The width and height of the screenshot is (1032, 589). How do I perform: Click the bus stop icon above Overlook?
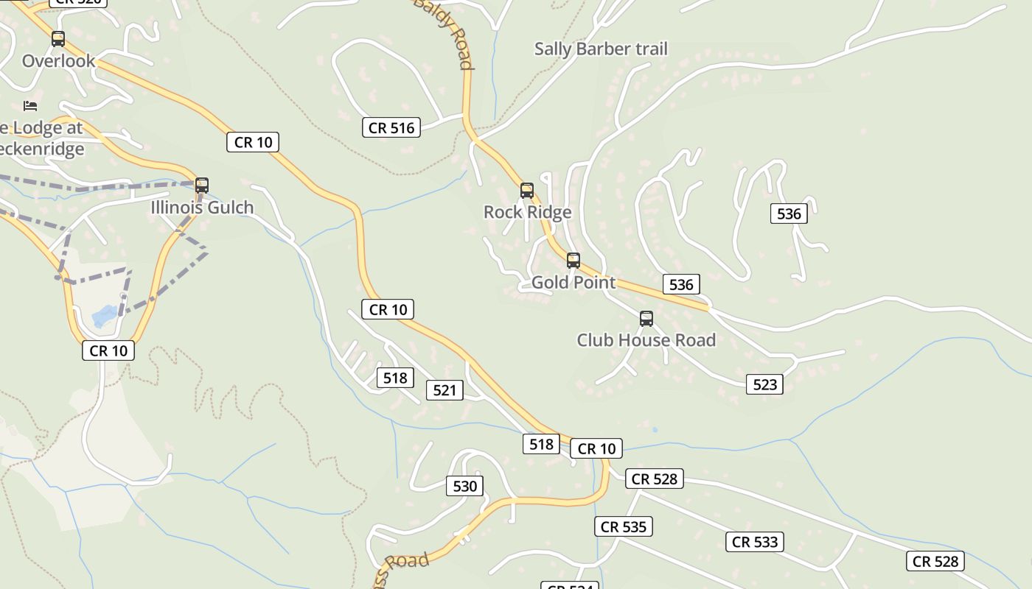[x=57, y=39]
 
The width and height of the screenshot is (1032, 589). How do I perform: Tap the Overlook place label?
[x=59, y=61]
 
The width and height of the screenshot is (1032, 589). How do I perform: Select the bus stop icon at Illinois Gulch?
[x=202, y=186]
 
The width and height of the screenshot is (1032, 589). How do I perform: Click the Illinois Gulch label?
[x=202, y=208]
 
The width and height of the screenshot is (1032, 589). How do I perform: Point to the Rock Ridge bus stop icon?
[x=526, y=191]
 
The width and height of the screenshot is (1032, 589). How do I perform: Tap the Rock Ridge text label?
[x=527, y=213]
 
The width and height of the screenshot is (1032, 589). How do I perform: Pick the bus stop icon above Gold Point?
[x=573, y=261]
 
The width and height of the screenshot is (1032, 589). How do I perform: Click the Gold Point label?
[x=573, y=283]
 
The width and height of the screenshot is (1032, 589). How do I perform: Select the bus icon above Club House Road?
[x=646, y=319]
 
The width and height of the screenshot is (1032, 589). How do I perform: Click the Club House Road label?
[x=646, y=340]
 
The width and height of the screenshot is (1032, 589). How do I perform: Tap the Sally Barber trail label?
[x=600, y=49]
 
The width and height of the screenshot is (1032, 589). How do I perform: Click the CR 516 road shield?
[x=391, y=128]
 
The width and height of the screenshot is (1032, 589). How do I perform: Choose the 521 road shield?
[x=444, y=390]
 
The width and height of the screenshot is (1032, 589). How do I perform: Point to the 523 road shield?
[x=764, y=384]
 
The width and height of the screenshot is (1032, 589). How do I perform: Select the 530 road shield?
[x=464, y=486]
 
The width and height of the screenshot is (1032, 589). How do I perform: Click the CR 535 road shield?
[x=623, y=526]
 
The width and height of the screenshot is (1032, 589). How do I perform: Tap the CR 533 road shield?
[x=755, y=543]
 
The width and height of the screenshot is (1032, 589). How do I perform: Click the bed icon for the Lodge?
[x=30, y=106]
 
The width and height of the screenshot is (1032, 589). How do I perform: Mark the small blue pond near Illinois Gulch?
[x=103, y=317]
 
